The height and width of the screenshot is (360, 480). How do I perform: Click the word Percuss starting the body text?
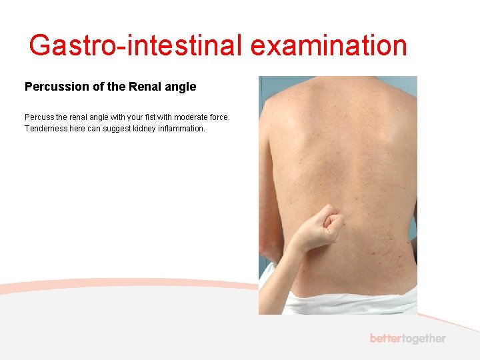[x=39, y=117]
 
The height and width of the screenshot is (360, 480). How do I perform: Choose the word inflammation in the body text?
[x=181, y=129]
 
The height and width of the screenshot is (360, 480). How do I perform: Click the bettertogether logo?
[x=407, y=339]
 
